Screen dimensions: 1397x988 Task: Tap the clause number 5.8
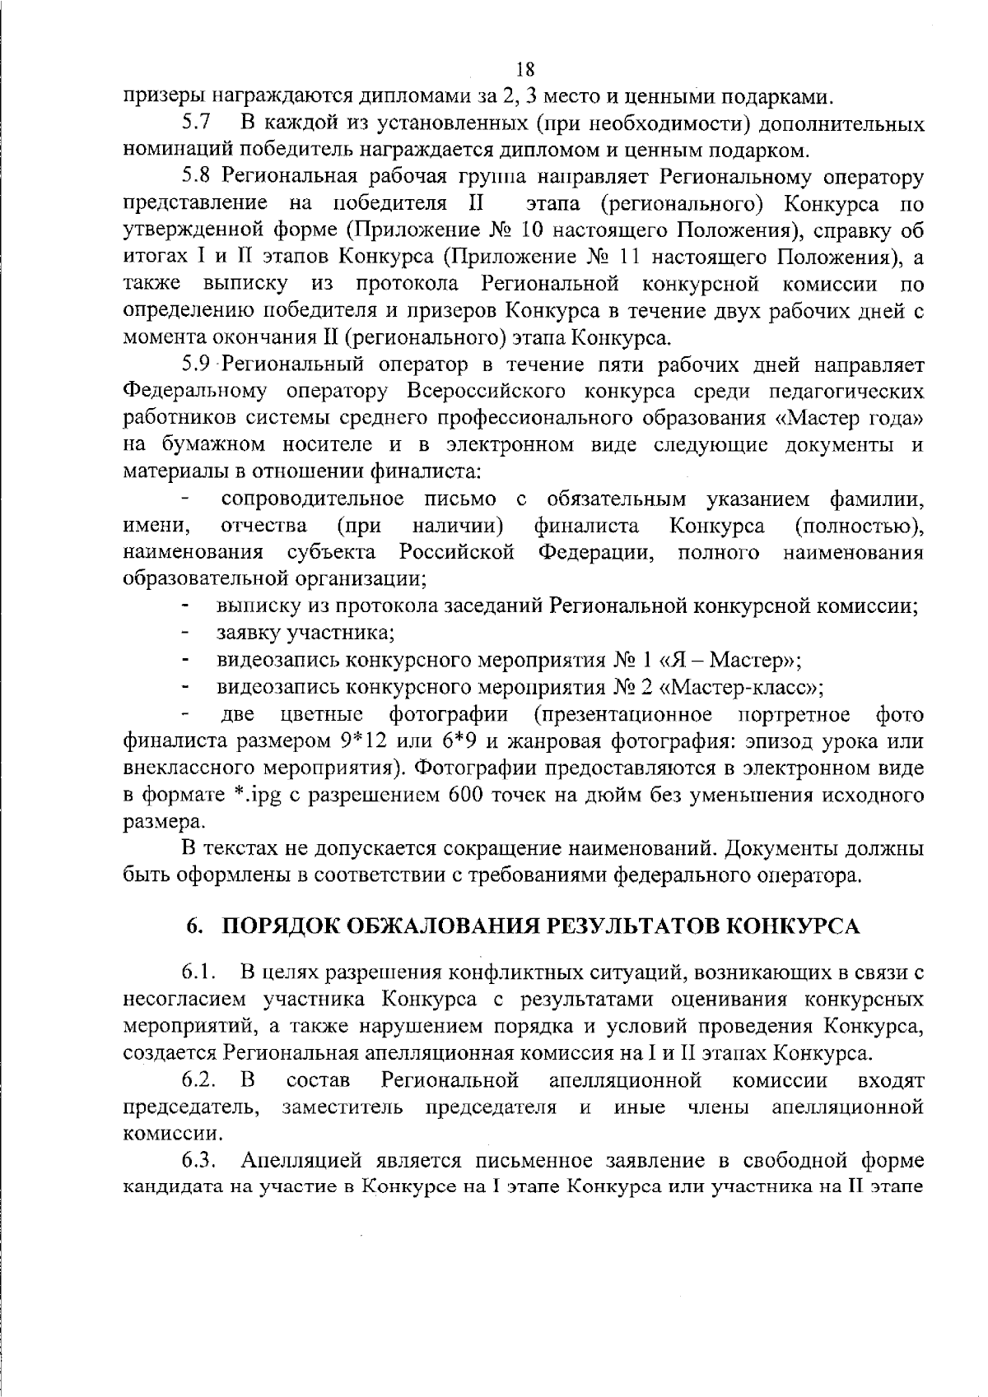point(198,177)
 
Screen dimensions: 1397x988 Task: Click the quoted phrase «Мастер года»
point(848,418)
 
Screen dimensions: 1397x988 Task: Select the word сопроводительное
point(313,499)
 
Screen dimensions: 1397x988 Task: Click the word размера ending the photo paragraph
point(161,822)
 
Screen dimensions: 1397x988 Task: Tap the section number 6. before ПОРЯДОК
point(196,927)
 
